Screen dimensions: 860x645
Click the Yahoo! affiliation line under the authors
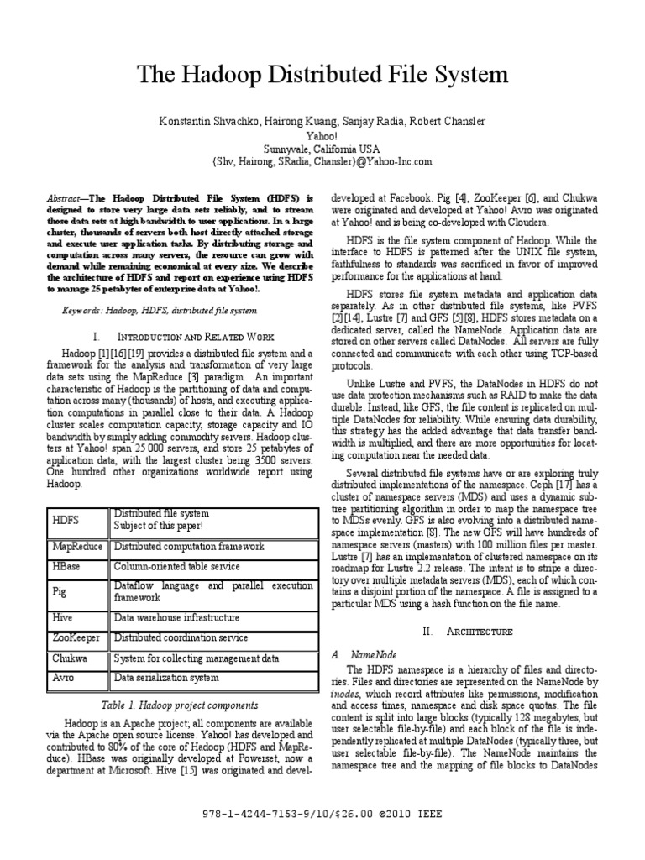point(322,135)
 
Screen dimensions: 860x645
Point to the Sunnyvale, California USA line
point(322,149)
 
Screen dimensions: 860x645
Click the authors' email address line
point(322,161)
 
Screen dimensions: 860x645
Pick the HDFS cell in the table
point(66,522)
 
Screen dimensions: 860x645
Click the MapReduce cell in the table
point(77,546)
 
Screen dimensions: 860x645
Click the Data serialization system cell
point(165,678)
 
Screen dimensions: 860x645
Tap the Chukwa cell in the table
point(70,658)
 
